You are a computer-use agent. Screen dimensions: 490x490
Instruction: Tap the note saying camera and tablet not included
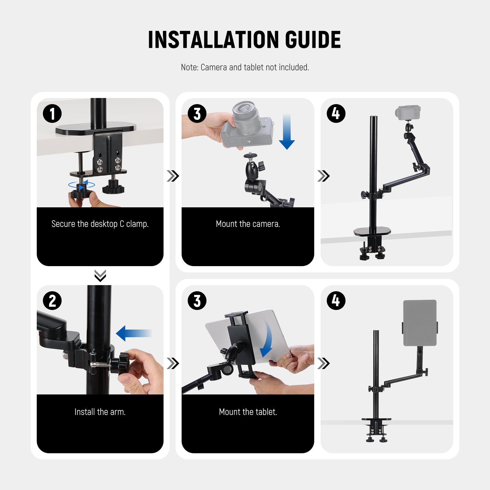(245, 67)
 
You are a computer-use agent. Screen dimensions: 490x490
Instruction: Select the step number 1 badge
(52, 114)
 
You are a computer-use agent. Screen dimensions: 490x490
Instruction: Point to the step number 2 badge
(52, 300)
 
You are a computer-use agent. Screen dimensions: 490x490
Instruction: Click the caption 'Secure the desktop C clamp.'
(100, 224)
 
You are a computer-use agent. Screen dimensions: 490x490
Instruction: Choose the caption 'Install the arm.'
(100, 412)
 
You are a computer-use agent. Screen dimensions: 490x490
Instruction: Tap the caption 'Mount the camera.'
(248, 224)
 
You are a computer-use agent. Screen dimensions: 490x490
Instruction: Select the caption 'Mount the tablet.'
(248, 412)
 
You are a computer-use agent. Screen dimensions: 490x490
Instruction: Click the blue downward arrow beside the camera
(287, 132)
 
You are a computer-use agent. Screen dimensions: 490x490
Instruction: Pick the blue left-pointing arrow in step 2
(134, 333)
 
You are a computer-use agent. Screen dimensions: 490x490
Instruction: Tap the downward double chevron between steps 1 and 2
(100, 275)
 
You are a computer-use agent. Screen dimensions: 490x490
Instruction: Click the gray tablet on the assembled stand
(420, 323)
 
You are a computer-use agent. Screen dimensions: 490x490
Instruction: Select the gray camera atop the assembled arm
(408, 112)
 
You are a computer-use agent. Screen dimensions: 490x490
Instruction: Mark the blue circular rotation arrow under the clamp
(81, 184)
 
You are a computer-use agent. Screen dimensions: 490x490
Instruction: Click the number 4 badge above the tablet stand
(336, 300)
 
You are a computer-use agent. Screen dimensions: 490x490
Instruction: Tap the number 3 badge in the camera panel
(197, 114)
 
